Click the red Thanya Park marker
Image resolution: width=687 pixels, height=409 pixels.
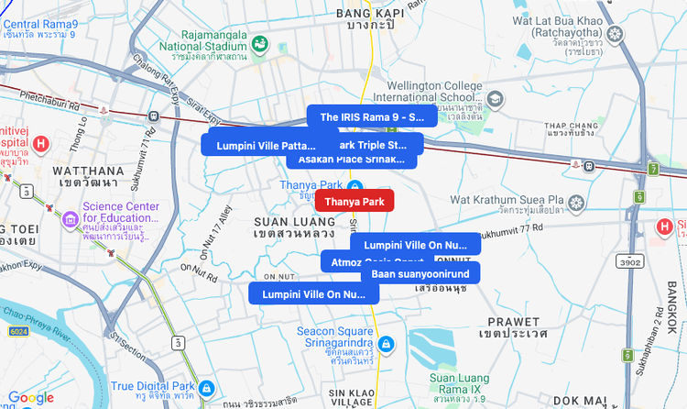click(354, 201)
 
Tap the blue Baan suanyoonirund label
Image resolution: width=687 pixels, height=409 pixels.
click(420, 273)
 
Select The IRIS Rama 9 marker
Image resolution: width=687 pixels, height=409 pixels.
click(372, 116)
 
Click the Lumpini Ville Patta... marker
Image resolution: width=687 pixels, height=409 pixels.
click(259, 145)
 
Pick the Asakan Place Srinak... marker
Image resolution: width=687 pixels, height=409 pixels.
click(351, 159)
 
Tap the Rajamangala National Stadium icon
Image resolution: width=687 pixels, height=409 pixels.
click(260, 43)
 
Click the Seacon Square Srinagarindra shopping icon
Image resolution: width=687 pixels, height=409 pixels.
click(387, 344)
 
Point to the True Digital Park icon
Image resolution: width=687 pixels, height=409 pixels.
click(206, 388)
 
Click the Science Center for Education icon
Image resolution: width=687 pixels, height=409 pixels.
click(71, 220)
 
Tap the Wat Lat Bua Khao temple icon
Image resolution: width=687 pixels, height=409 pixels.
click(615, 34)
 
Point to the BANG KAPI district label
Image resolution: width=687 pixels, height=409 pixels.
click(371, 13)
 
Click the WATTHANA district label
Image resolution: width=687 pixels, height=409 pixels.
click(83, 171)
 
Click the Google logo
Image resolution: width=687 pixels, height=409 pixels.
click(31, 397)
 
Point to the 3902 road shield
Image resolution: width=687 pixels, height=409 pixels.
click(630, 261)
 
